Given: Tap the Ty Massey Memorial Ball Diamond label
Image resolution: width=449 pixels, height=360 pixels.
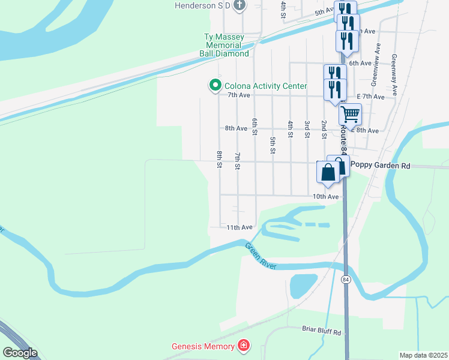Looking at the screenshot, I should point(224,46).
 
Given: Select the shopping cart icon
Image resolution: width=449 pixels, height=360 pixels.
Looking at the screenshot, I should point(350,113).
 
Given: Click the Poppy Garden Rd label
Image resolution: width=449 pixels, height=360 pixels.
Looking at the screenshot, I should point(380,166).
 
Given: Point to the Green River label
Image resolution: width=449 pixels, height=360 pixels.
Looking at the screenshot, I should point(260,255).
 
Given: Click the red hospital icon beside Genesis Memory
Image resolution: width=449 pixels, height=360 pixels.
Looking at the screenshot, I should point(244,346).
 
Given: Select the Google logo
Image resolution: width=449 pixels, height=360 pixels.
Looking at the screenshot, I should point(20,353).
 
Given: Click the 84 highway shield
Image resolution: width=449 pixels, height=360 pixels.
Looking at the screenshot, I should point(346,280).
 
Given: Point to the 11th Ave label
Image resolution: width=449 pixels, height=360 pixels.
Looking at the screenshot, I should point(240,227).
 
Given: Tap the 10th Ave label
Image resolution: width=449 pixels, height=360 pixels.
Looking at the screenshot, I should point(326,196).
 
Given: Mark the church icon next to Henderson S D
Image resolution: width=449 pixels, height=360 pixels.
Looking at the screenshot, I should point(240,6).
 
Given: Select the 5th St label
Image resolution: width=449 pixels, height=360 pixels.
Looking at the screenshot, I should point(273,145).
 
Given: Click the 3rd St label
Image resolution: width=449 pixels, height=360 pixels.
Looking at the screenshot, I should point(307,129).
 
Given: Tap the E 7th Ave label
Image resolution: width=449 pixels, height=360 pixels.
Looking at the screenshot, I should point(370,96).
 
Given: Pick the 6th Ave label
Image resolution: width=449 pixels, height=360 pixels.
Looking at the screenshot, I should point(361,63).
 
